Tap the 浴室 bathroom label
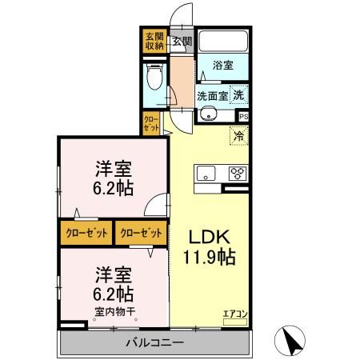(x=223, y=66)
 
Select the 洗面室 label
(x=212, y=95)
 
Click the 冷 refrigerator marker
(x=238, y=136)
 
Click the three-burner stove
(x=238, y=172)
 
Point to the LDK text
(x=210, y=236)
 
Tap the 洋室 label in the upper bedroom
(x=114, y=169)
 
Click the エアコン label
(x=235, y=314)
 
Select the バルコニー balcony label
(x=154, y=343)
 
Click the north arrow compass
(x=291, y=342)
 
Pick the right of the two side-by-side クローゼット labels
(x=140, y=233)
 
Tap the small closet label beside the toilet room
(x=150, y=123)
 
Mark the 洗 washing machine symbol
(x=239, y=94)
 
